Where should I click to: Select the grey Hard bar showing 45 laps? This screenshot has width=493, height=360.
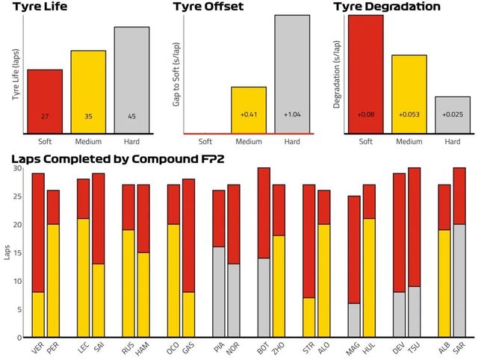click(132, 80)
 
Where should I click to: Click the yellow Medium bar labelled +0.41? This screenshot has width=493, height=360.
click(249, 110)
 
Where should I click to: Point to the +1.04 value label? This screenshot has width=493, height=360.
click(292, 114)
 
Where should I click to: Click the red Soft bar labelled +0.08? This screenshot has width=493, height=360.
click(365, 74)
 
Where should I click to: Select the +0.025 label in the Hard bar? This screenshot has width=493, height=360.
click(453, 114)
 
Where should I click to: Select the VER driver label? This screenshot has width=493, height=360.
click(37, 348)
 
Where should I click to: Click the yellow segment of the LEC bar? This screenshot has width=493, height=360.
click(83, 278)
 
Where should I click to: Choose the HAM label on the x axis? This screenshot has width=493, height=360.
click(143, 349)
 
